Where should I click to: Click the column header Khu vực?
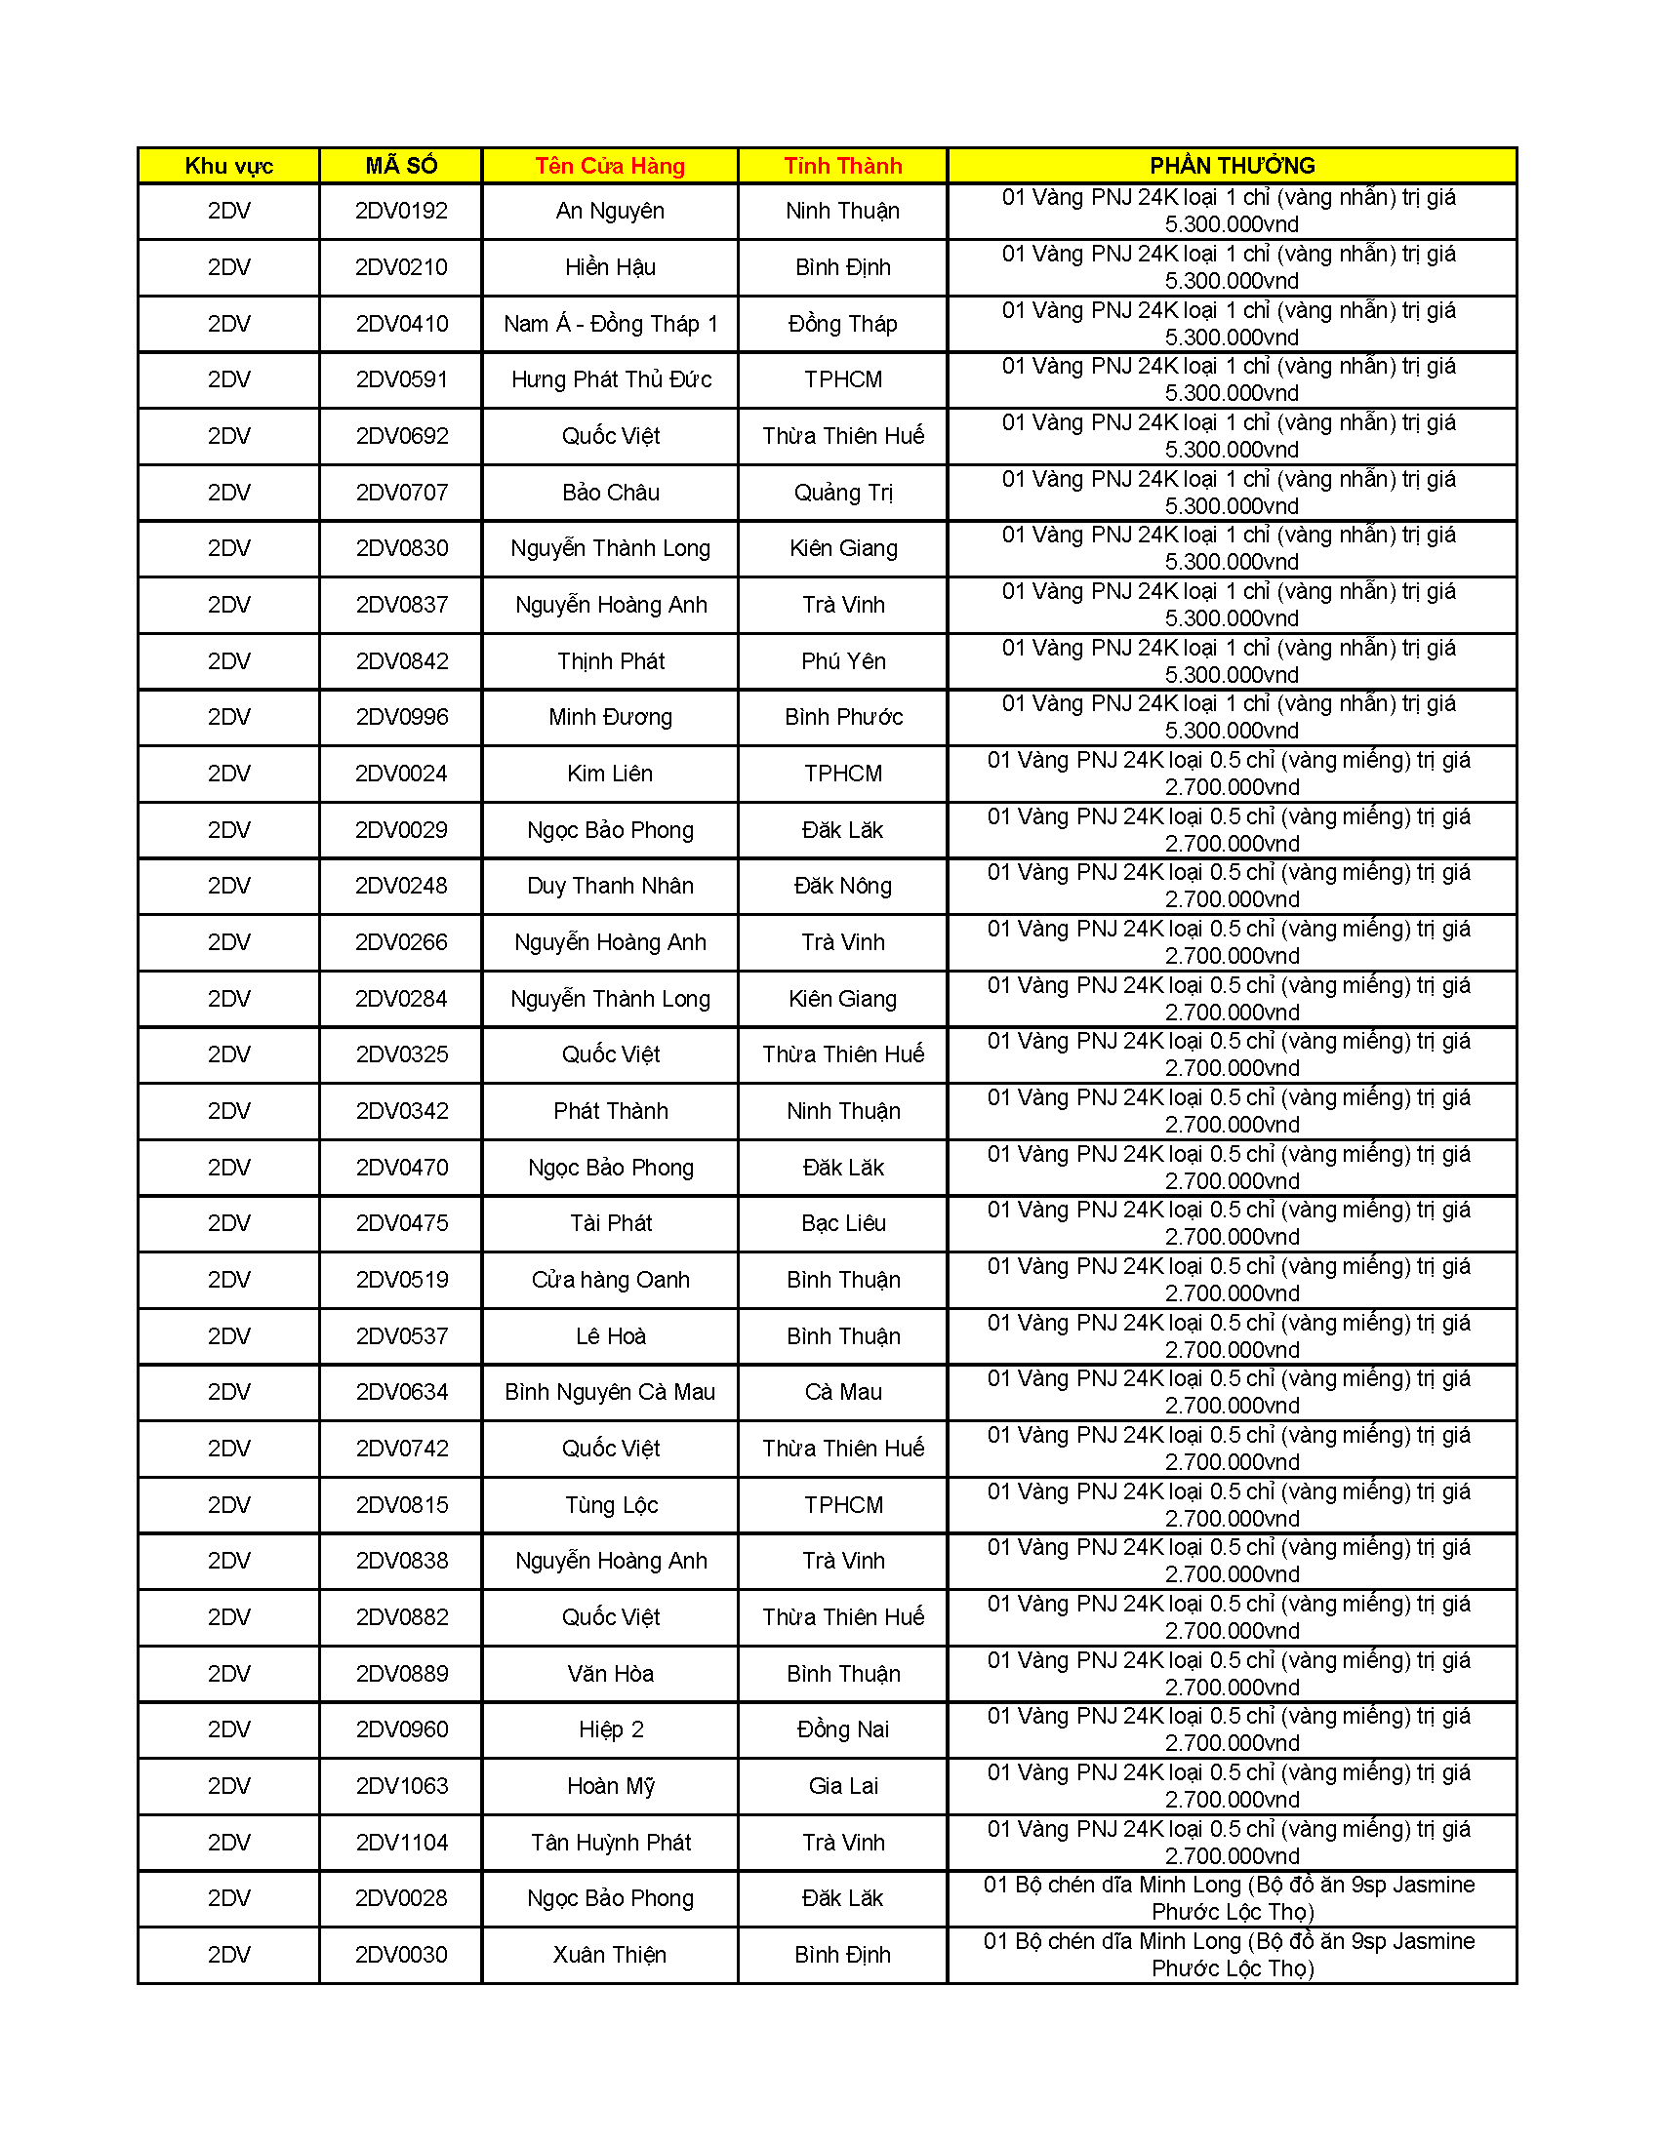pos(228,166)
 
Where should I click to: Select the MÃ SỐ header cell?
pos(401,166)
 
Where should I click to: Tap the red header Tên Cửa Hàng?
pos(609,166)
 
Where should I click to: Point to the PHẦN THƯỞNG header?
pos(1232,166)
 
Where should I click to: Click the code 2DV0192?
pos(401,212)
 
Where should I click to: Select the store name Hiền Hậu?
pos(609,267)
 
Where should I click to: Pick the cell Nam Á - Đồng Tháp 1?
pos(609,324)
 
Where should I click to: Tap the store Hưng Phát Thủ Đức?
pos(610,380)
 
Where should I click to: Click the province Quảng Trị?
pos(842,494)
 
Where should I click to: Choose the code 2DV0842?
pos(401,661)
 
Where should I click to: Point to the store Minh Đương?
pos(609,717)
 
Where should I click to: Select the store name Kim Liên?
pos(609,775)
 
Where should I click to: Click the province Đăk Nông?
pos(842,887)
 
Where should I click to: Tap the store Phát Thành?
pos(609,1111)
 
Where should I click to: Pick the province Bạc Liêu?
pos(842,1223)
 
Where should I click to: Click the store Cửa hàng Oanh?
pos(609,1281)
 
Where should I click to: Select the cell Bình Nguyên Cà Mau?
pos(609,1392)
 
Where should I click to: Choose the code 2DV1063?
pos(401,1786)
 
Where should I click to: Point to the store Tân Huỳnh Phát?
pos(609,1843)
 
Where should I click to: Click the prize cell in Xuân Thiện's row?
pos(1232,1956)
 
